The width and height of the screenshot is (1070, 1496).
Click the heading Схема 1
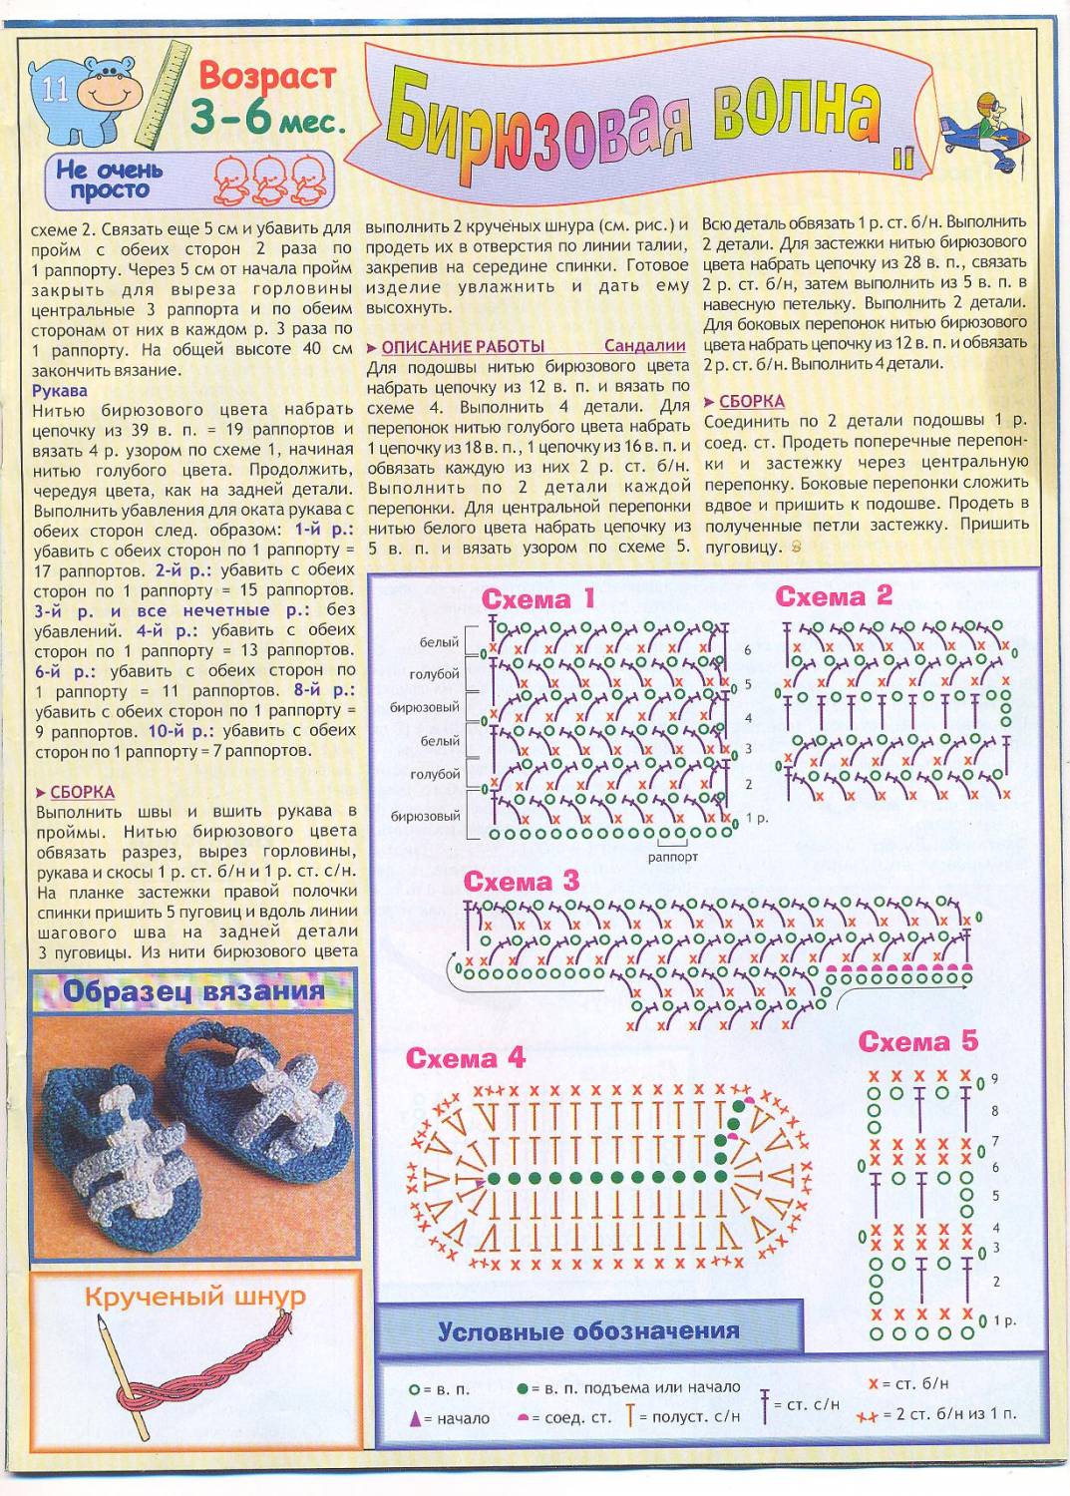[x=537, y=598]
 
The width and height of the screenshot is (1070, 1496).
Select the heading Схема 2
[x=834, y=596]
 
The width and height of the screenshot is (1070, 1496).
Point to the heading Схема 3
[x=521, y=881]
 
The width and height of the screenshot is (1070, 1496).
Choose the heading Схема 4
[x=465, y=1058]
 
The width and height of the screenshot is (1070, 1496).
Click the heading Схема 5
[x=917, y=1042]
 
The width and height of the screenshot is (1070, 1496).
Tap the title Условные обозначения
[x=588, y=1331]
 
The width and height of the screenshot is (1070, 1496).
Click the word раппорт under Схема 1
[x=672, y=857]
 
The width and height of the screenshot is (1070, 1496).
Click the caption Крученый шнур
[x=194, y=1297]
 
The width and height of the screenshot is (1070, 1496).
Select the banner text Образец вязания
[x=193, y=992]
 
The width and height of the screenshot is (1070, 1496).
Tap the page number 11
[x=55, y=90]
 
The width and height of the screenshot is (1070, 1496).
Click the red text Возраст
[x=267, y=75]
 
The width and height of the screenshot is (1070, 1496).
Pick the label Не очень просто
[x=110, y=180]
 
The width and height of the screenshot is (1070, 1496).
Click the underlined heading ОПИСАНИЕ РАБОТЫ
[x=463, y=346]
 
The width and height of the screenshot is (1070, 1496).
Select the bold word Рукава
[x=60, y=390]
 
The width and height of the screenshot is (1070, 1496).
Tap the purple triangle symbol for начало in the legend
[x=415, y=1418]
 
